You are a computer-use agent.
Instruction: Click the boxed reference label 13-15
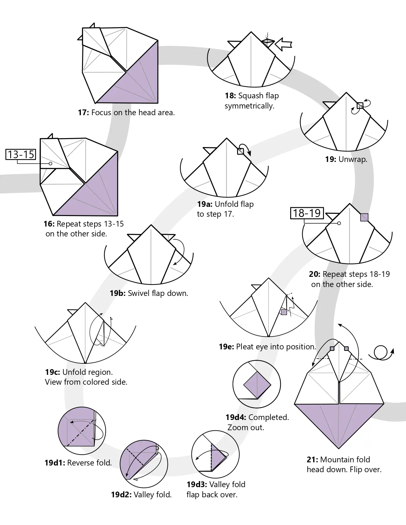click(x=21, y=154)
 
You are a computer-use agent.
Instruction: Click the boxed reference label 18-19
click(x=307, y=213)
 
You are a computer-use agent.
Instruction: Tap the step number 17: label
click(x=83, y=113)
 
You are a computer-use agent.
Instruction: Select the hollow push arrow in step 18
click(x=283, y=44)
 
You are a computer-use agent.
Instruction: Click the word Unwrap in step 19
click(x=353, y=159)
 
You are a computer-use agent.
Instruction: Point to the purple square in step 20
click(x=364, y=217)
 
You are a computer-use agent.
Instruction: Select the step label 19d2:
click(x=121, y=495)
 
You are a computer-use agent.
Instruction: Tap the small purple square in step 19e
click(x=284, y=312)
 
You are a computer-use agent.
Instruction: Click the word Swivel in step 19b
click(x=138, y=293)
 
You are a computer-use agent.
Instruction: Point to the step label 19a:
click(x=205, y=204)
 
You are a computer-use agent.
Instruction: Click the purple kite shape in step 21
click(x=339, y=423)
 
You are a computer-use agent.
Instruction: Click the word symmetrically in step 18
click(x=249, y=106)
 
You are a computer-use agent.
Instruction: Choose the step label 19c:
click(x=52, y=372)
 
